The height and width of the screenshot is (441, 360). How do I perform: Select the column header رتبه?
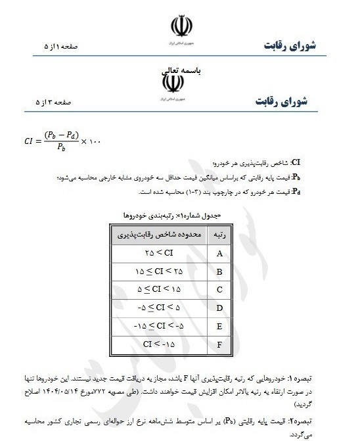point(216,234)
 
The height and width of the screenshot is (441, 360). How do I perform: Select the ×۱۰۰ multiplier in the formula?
point(91,141)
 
